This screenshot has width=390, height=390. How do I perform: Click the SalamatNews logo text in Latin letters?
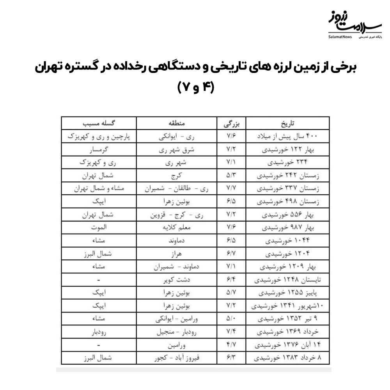coord(340,37)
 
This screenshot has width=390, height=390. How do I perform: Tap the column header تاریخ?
coord(287,124)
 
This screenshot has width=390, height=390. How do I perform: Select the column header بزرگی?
coord(231,124)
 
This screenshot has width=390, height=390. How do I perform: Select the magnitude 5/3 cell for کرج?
coord(231,176)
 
